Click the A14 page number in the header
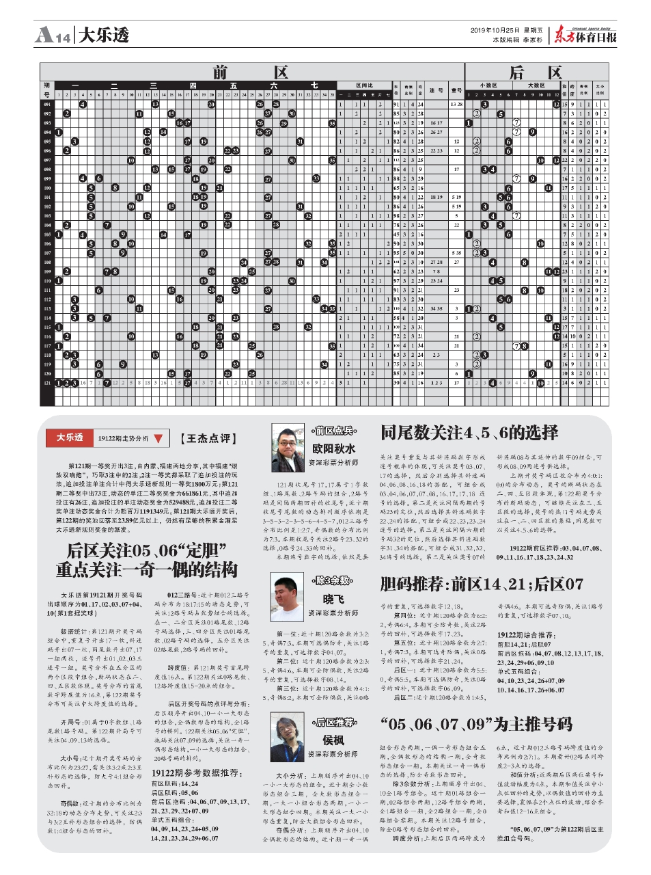tap(53, 34)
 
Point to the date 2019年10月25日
tap(495, 30)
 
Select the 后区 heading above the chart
tap(535, 72)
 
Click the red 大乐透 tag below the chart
tap(70, 437)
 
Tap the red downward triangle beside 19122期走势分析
tap(158, 438)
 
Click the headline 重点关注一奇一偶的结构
tap(146, 569)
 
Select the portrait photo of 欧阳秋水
tap(288, 447)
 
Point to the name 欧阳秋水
tap(333, 448)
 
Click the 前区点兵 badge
tap(334, 430)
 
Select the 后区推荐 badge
tap(334, 722)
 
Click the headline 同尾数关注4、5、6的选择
tap(469, 432)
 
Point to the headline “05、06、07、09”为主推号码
tap(476, 724)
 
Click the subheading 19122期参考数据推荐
tap(195, 772)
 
